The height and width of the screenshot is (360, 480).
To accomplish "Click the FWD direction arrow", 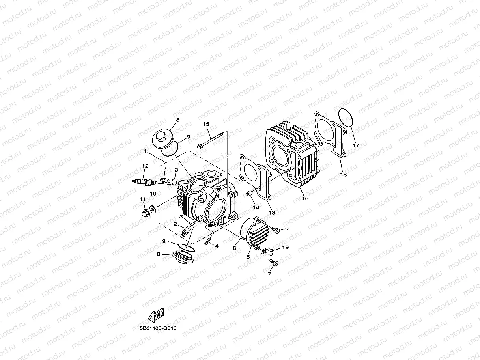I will (156, 315).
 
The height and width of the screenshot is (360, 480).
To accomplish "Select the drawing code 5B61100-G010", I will (157, 328).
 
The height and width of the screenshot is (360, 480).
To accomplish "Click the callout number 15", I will (206, 124).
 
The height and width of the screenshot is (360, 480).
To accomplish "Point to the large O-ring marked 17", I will (346, 118).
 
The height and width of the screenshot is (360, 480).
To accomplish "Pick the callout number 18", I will (343, 174).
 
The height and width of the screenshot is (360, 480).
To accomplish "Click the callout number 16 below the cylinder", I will (305, 198).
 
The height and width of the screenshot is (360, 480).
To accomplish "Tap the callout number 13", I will (271, 213).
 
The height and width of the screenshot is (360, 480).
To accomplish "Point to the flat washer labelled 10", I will (152, 208).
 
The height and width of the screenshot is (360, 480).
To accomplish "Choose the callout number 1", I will (145, 151).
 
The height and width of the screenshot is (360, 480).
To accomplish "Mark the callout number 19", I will (286, 247).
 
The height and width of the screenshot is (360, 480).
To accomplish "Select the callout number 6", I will (234, 248).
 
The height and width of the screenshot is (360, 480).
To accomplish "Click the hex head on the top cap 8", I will (162, 138).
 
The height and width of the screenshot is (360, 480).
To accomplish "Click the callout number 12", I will (145, 166).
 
